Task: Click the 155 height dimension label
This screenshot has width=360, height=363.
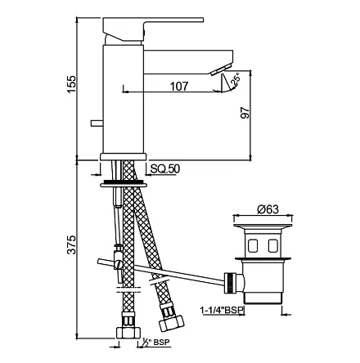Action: (71, 84)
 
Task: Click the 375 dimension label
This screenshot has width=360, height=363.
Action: (71, 244)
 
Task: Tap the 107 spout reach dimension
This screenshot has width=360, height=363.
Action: (179, 87)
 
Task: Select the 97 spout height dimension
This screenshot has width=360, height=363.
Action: (245, 113)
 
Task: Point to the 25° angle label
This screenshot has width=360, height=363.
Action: (236, 79)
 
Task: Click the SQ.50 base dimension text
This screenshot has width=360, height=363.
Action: (165, 169)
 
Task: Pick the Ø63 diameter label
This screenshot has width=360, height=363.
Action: (268, 209)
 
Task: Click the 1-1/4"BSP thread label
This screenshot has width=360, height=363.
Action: (222, 310)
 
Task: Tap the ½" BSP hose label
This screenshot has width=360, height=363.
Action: (155, 342)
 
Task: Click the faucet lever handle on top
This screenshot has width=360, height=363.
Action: (153, 29)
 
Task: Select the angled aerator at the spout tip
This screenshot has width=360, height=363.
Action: (220, 69)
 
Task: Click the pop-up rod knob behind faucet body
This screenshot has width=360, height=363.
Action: (97, 123)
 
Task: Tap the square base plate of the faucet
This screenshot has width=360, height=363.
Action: (123, 156)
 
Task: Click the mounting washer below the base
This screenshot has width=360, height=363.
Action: (124, 184)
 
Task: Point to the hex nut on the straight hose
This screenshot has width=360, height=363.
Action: (128, 332)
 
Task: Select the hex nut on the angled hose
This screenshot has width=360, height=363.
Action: (172, 322)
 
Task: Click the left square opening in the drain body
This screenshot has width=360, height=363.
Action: (253, 245)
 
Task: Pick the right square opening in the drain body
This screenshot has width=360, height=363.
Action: (272, 245)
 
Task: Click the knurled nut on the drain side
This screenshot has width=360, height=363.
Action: (230, 283)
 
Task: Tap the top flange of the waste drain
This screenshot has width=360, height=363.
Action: (263, 226)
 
